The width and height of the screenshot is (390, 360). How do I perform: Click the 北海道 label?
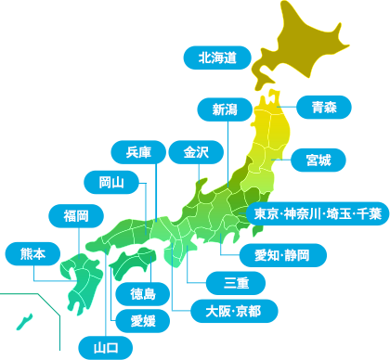tap(218, 58)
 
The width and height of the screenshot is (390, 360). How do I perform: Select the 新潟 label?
tap(225, 109)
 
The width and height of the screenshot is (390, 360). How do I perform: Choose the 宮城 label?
tap(318, 161)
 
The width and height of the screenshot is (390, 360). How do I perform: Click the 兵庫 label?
tap(138, 151)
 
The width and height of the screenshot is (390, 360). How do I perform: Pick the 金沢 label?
tap(196, 151)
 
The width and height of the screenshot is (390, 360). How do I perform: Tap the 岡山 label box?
tap(110, 182)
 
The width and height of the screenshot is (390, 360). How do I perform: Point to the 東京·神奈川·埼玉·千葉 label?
tap(318, 214)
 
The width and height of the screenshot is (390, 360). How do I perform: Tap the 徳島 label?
tap(143, 294)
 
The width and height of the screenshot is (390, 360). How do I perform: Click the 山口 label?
tap(105, 348)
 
